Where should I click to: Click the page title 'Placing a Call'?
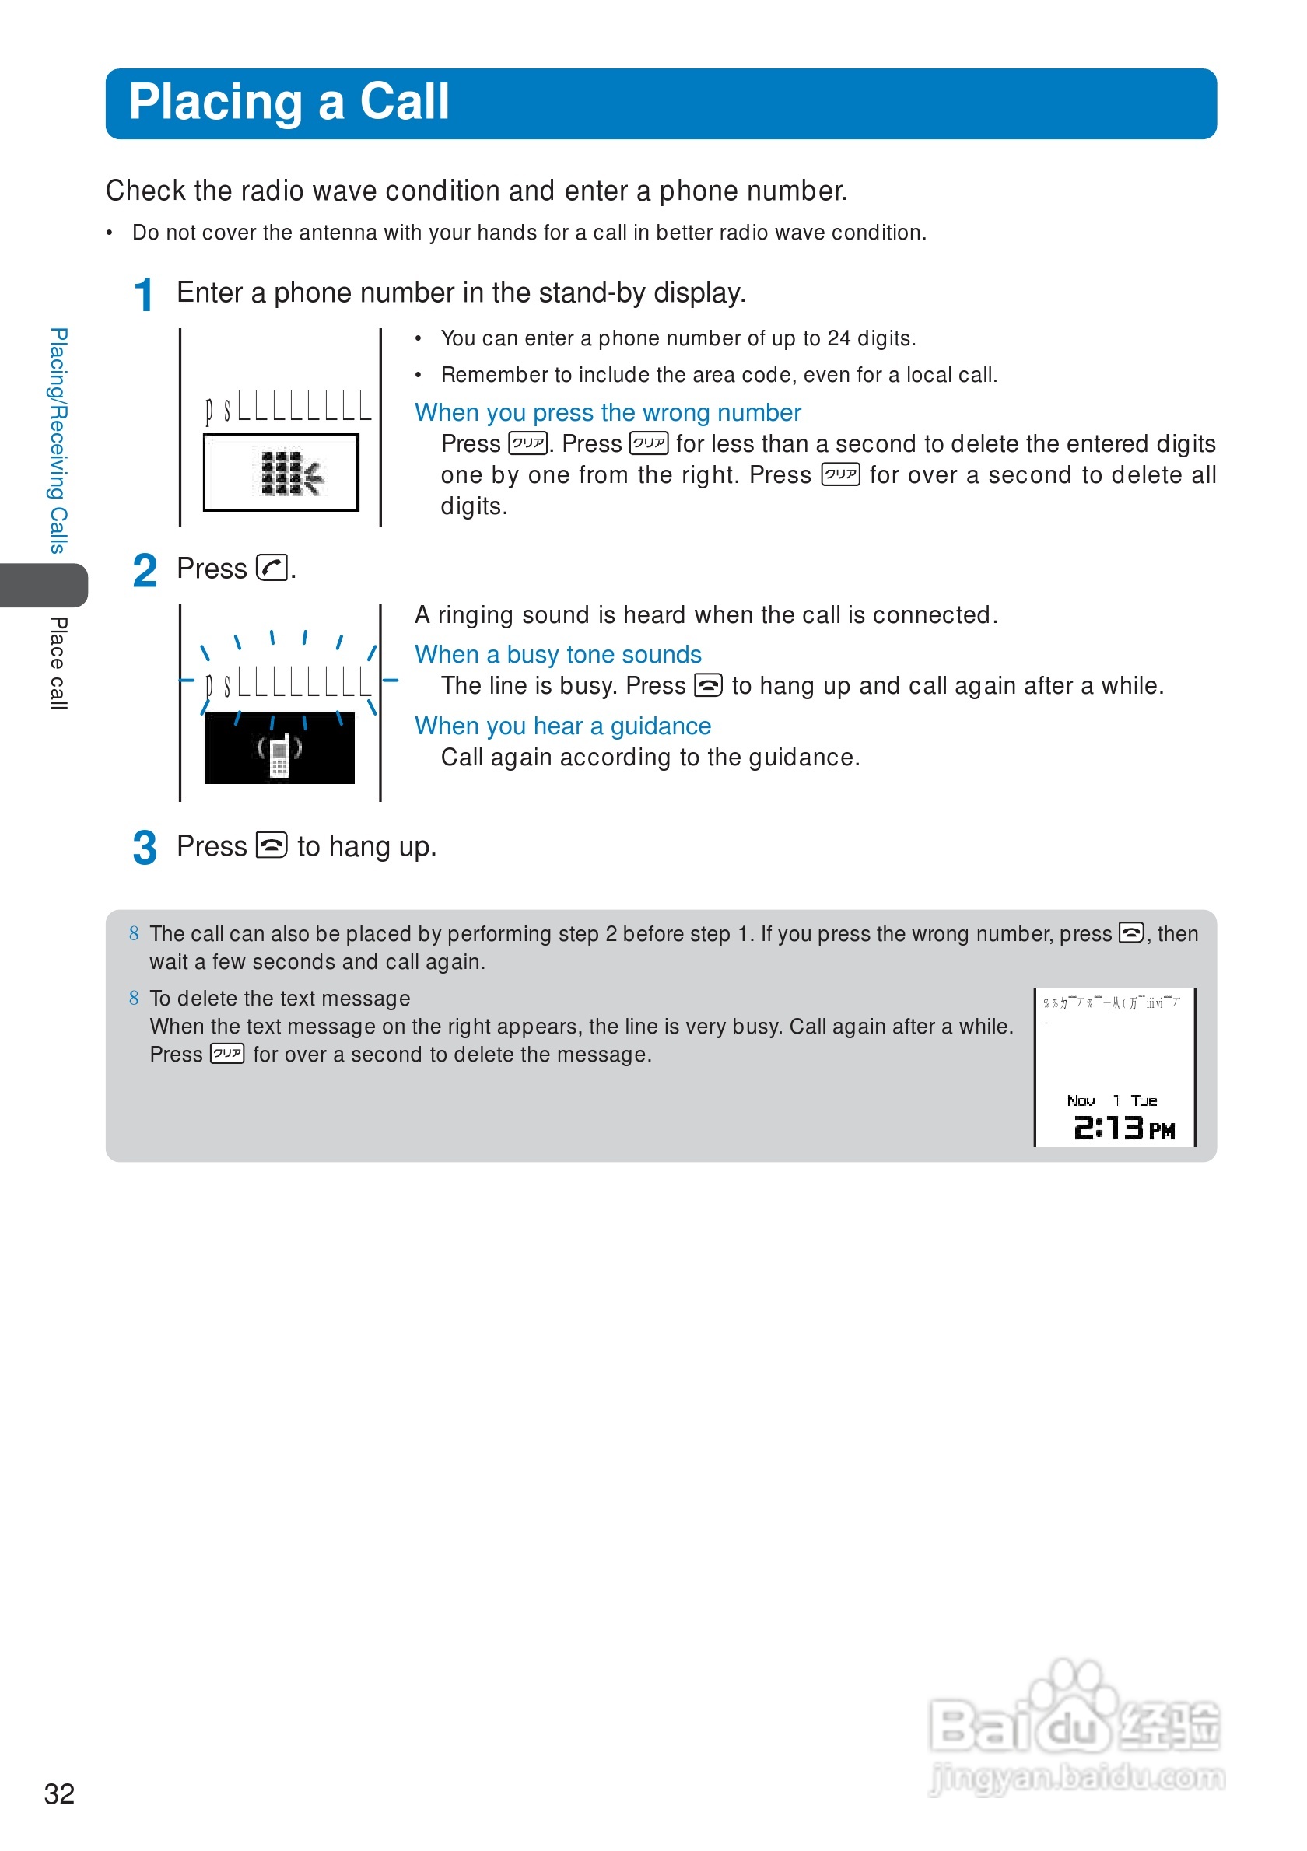coord(289,103)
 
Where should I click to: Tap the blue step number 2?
coord(145,571)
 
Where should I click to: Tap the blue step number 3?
coord(145,848)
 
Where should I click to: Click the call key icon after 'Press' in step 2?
coord(272,569)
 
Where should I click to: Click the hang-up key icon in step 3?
coord(272,845)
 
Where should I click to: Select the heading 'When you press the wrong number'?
coord(607,413)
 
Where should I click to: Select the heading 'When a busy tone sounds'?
coord(558,655)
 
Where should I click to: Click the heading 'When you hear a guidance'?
coord(562,726)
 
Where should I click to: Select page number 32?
coord(59,1794)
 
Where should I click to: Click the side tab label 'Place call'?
coord(58,663)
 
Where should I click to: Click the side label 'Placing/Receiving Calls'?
coord(58,441)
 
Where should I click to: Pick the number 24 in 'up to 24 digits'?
coord(839,338)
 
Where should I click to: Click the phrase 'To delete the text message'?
coord(280,999)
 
